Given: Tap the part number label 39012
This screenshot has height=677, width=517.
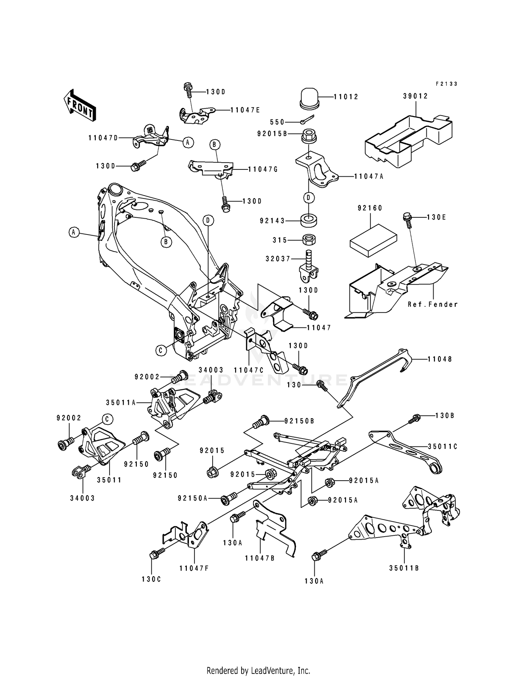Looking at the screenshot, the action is pyautogui.click(x=415, y=96).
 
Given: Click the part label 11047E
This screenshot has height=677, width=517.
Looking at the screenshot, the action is pyautogui.click(x=245, y=110).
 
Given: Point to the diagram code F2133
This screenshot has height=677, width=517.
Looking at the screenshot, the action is pyautogui.click(x=446, y=84).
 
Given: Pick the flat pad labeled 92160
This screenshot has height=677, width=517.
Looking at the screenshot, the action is pyautogui.click(x=373, y=240).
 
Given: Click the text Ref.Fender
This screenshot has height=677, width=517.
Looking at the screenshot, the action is pyautogui.click(x=433, y=304).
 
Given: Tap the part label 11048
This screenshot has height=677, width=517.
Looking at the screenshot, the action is pyautogui.click(x=440, y=359).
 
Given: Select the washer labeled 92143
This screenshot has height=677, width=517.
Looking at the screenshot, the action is pyautogui.click(x=309, y=220).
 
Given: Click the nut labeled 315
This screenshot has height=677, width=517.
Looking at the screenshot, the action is pyautogui.click(x=309, y=239).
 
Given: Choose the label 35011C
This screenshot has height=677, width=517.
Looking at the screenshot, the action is pyautogui.click(x=443, y=447).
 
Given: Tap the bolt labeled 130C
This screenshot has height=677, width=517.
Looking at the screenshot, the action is pyautogui.click(x=154, y=555).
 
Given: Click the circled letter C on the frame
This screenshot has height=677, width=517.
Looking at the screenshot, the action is pyautogui.click(x=161, y=351).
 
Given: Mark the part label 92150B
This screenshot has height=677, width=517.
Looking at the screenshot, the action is pyautogui.click(x=299, y=421).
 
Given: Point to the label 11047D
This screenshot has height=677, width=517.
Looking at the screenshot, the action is pyautogui.click(x=103, y=138).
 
